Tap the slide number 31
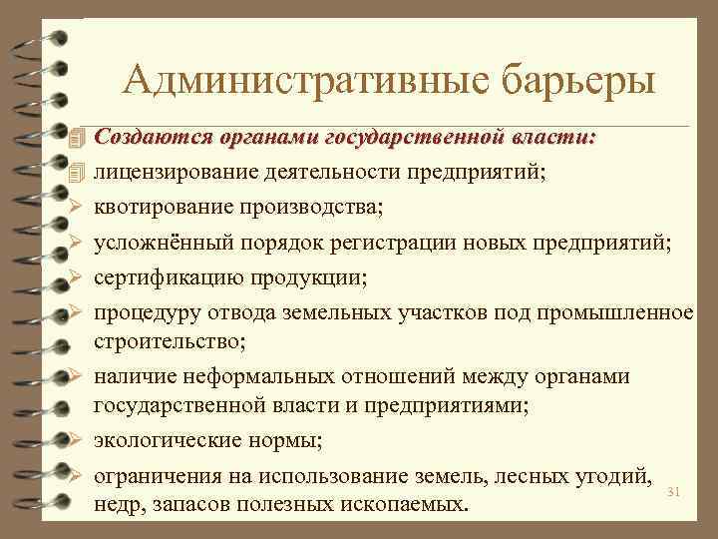point(672,492)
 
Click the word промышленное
point(613,312)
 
